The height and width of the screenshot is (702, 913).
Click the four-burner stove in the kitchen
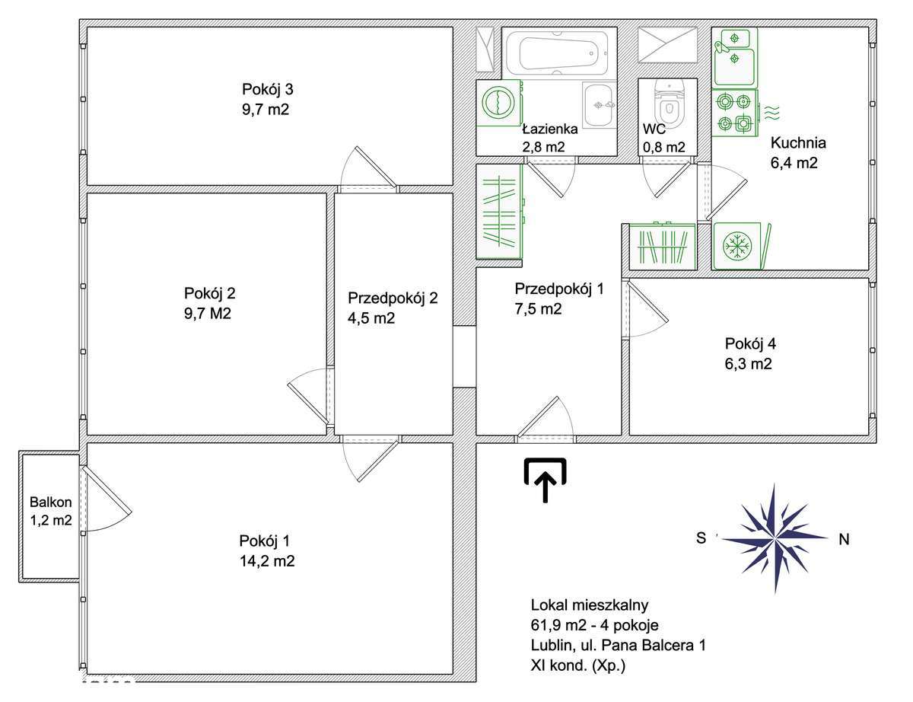pyautogui.click(x=734, y=113)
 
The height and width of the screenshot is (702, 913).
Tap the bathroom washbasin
pyautogui.click(x=599, y=104)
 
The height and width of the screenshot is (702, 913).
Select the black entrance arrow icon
pyautogui.click(x=545, y=480)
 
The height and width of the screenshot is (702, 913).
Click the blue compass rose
pyautogui.click(x=775, y=538)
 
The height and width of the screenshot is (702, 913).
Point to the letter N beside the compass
pyautogui.click(x=844, y=539)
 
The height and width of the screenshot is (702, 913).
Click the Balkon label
pyautogui.click(x=51, y=502)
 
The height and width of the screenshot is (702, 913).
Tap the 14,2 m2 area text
pyautogui.click(x=267, y=561)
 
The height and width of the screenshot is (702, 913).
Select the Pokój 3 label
pyautogui.click(x=267, y=90)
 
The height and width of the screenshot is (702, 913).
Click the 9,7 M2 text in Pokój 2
pyautogui.click(x=208, y=314)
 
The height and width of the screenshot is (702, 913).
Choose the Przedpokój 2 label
pyautogui.click(x=393, y=298)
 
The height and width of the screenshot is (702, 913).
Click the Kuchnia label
pyautogui.click(x=798, y=143)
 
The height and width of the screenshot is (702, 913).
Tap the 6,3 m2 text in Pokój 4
pyautogui.click(x=749, y=364)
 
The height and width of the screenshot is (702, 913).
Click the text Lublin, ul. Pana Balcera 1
pyautogui.click(x=618, y=645)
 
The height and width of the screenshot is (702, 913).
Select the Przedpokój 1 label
pyautogui.click(x=559, y=289)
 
